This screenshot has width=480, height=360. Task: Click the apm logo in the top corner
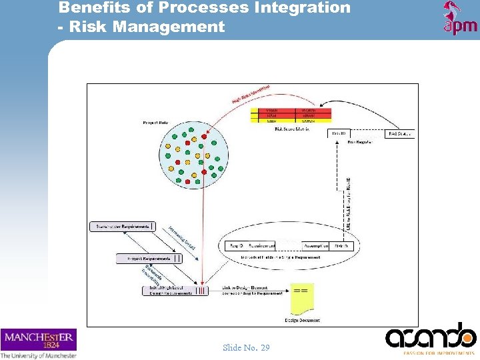[460, 18]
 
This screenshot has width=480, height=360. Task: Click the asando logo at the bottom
[431, 337]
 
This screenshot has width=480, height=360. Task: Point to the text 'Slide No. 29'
[246, 347]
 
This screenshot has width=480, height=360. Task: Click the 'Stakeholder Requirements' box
[121, 227]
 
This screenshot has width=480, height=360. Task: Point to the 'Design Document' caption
[302, 320]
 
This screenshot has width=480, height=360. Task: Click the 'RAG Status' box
[400, 134]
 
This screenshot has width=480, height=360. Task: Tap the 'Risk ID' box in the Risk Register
[339, 134]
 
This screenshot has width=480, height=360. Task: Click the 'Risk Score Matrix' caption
[291, 129]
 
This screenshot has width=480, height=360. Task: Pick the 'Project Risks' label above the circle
[155, 123]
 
